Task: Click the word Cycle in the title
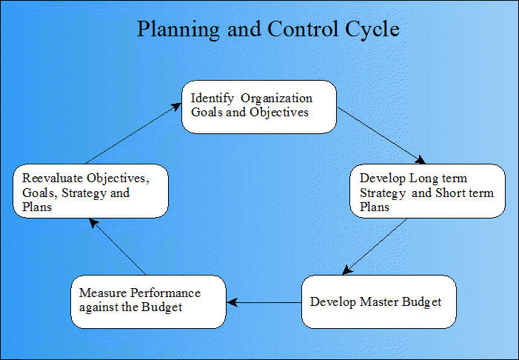click(x=372, y=30)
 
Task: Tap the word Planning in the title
click(x=178, y=30)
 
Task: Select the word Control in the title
click(x=303, y=28)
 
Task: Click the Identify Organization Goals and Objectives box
click(x=259, y=107)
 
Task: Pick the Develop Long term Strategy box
click(x=428, y=191)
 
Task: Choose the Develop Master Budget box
click(x=379, y=301)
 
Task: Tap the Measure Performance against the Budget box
click(x=149, y=301)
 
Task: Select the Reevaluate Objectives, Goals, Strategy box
click(x=90, y=191)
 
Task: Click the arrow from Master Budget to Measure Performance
click(x=264, y=302)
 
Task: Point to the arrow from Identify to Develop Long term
click(x=381, y=135)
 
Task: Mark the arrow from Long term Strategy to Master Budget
click(x=375, y=247)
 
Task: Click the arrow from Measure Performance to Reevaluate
click(x=118, y=247)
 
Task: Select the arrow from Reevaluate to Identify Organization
click(x=133, y=133)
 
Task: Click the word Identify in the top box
click(x=212, y=99)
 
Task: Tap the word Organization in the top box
click(x=277, y=99)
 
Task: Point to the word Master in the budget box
click(x=379, y=301)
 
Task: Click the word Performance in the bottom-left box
click(x=166, y=293)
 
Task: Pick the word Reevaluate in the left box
click(x=53, y=179)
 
